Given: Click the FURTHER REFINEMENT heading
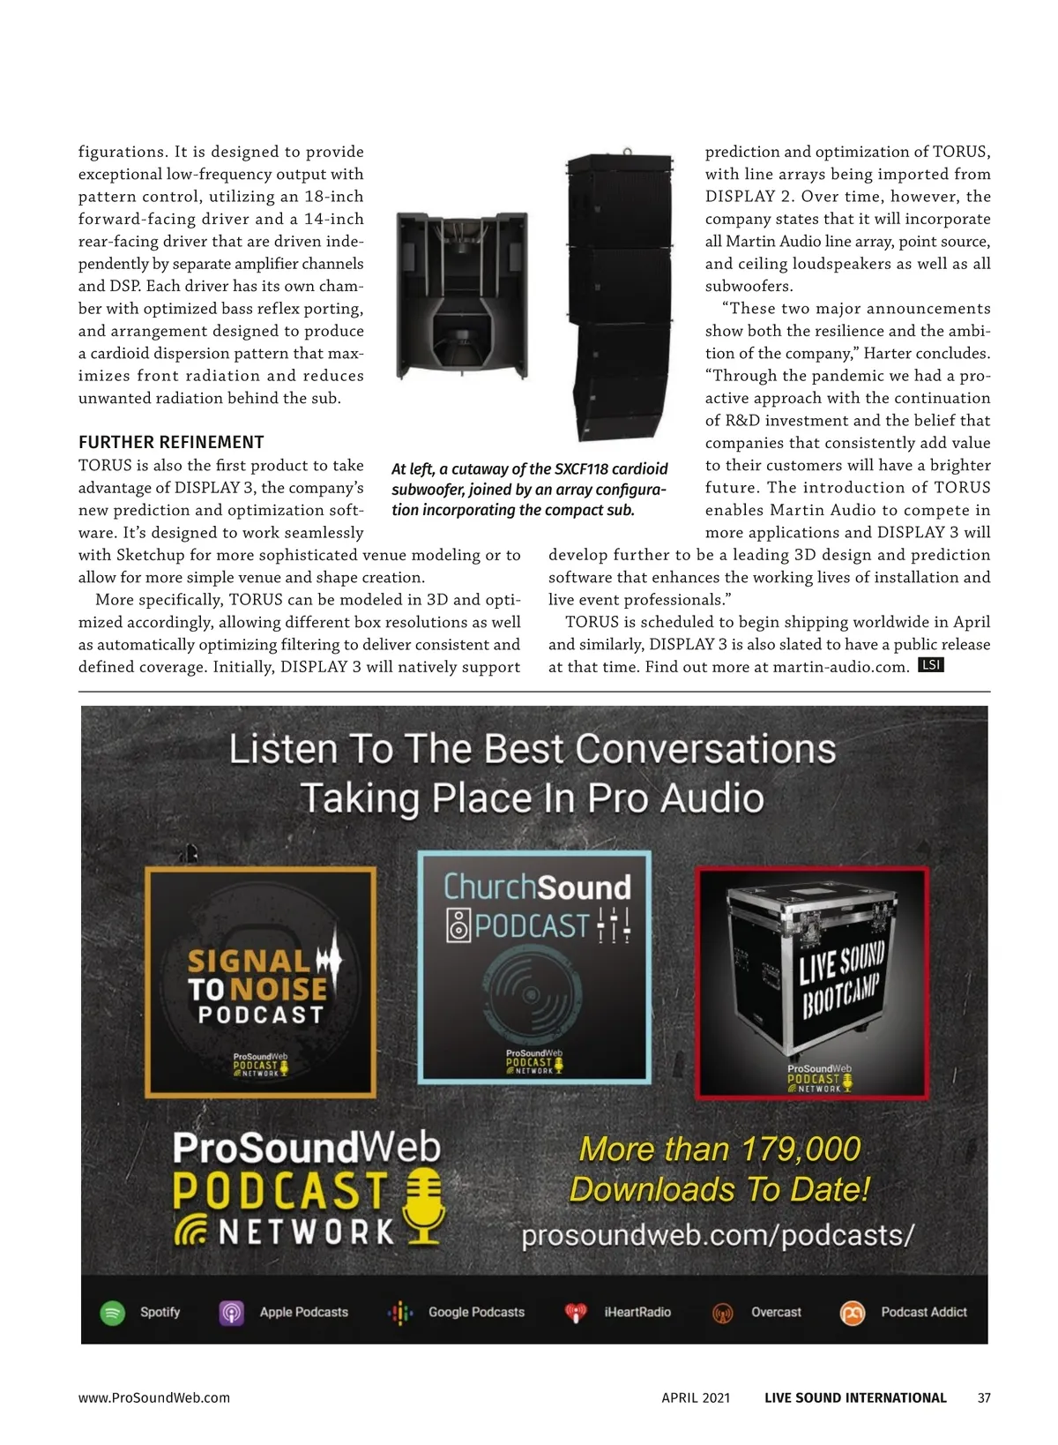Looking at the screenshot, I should pyautogui.click(x=171, y=442).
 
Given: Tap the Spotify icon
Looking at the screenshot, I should pyautogui.click(x=113, y=1313).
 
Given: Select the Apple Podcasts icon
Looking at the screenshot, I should pyautogui.click(x=231, y=1313).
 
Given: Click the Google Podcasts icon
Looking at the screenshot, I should pyautogui.click(x=400, y=1313).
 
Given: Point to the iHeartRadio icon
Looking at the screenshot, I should pyautogui.click(x=576, y=1313).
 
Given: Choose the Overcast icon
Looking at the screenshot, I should pyautogui.click(x=723, y=1313).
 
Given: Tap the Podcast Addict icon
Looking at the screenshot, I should pyautogui.click(x=853, y=1313).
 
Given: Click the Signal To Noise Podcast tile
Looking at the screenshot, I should pyautogui.click(x=261, y=982).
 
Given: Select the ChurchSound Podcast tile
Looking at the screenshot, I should pyautogui.click(x=534, y=967).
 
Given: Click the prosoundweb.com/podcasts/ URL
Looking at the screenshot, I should pyautogui.click(x=718, y=1235).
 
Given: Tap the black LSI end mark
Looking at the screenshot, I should pyautogui.click(x=931, y=665).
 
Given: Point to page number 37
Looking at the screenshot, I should pyautogui.click(x=984, y=1397).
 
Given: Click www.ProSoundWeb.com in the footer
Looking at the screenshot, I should pyautogui.click(x=154, y=1397).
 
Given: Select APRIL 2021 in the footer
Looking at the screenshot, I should pyautogui.click(x=696, y=1397).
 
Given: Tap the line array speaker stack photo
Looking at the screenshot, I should pyautogui.click(x=619, y=296).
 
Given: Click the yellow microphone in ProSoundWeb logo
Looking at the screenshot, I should pyautogui.click(x=424, y=1204).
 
